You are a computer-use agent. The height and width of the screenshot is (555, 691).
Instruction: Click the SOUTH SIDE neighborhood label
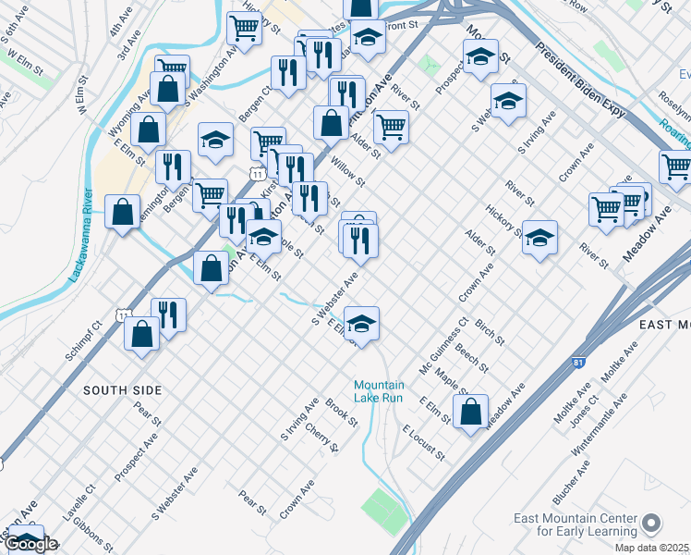pyautogui.click(x=123, y=390)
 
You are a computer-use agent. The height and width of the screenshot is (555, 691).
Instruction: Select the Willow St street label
pyautogui.click(x=349, y=170)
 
